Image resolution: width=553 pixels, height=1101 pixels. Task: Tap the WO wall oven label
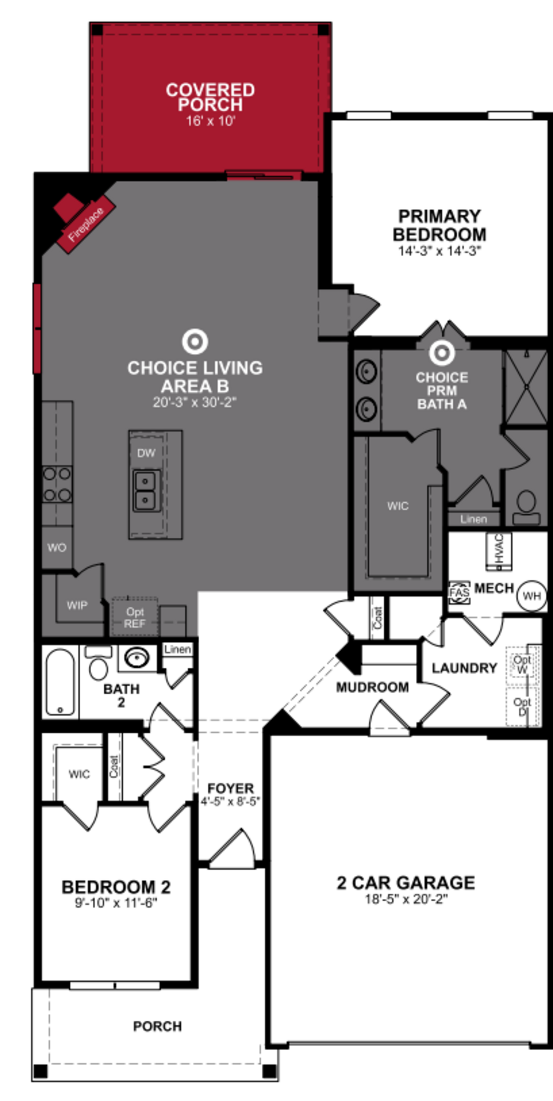tap(57, 547)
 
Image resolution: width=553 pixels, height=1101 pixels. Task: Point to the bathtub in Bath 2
tap(60, 682)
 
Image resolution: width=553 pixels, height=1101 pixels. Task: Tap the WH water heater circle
tap(532, 596)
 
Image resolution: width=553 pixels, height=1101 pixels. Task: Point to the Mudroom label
tap(372, 687)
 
